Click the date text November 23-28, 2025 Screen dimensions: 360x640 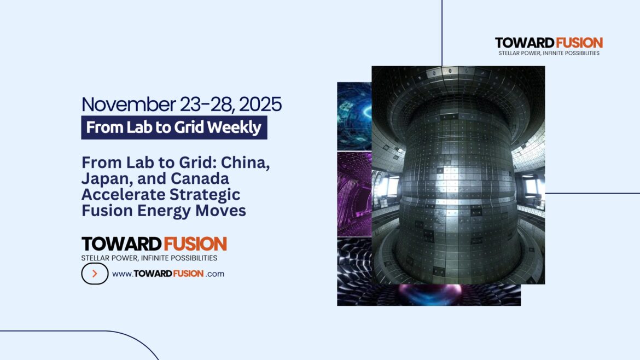(182, 104)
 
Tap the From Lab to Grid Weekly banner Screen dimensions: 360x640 (174, 127)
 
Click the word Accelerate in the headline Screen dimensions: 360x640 (120, 195)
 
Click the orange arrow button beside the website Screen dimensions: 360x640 (95, 274)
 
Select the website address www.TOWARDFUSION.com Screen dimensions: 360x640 (168, 274)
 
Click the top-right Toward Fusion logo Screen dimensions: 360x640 (549, 43)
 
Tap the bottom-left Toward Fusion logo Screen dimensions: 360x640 (154, 244)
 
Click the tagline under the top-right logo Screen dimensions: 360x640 (549, 54)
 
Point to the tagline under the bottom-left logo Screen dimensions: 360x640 (149, 258)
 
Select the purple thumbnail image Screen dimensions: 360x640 (354, 194)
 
